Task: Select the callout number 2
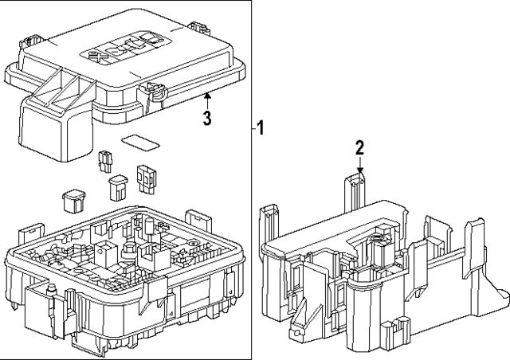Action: tap(359, 147)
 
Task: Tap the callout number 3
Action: tap(206, 119)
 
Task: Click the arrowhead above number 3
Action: tap(206, 96)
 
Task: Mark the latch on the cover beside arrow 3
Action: tap(150, 92)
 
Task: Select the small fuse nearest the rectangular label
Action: tap(104, 162)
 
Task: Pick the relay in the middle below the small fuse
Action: tap(117, 187)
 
